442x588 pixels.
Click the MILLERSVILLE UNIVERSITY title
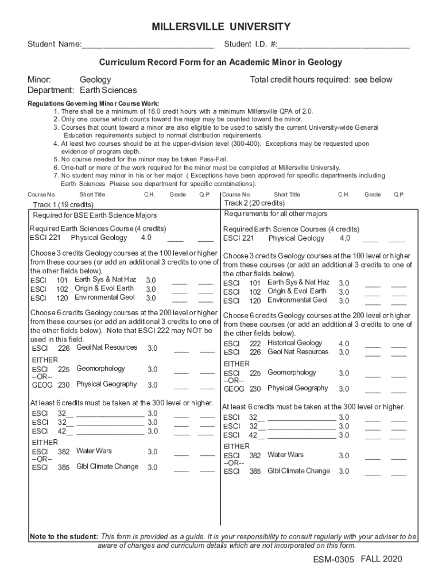tap(221, 27)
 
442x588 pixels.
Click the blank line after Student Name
tap(148, 45)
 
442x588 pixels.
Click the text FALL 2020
tap(382, 559)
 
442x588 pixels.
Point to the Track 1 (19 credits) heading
tap(63, 205)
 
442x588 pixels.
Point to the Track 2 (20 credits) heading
tap(254, 203)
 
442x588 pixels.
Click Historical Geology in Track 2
tap(294, 343)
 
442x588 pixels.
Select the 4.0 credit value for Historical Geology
tap(344, 344)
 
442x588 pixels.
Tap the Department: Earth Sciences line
tap(83, 90)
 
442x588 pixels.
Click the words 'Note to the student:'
tap(64, 537)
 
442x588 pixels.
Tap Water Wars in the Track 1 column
tap(94, 451)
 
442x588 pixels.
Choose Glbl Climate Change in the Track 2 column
tap(298, 471)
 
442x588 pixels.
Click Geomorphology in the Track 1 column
tap(100, 369)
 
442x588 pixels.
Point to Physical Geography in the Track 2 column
tap(297, 388)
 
